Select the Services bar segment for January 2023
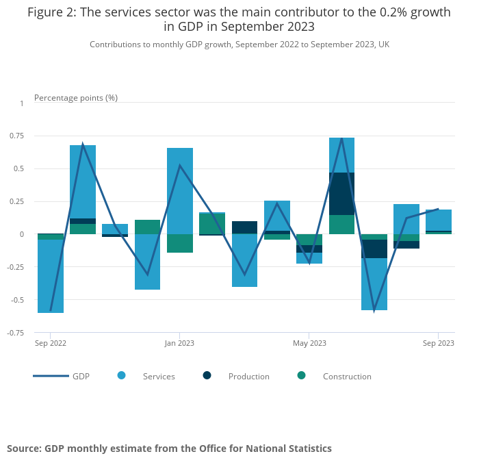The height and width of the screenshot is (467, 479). coord(180,191)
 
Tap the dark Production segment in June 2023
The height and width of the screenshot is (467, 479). coord(341,194)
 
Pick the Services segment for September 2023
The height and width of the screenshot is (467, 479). coord(438,220)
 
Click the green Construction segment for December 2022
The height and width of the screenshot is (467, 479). coord(147,227)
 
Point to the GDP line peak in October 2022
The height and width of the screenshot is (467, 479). coord(83,144)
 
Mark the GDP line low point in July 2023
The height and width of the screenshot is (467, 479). coord(374,310)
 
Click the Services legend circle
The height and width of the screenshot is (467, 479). coord(122,375)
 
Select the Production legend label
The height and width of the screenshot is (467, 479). coord(248,377)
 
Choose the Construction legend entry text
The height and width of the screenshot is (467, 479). coord(347,377)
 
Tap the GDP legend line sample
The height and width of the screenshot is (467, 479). coord(51,376)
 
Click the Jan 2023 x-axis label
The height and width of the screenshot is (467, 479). coord(179,343)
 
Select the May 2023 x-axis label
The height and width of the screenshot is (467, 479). coord(309,343)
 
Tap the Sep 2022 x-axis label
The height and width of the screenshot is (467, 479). coord(51,343)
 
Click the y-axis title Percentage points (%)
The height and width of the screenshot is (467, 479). coord(76,98)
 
